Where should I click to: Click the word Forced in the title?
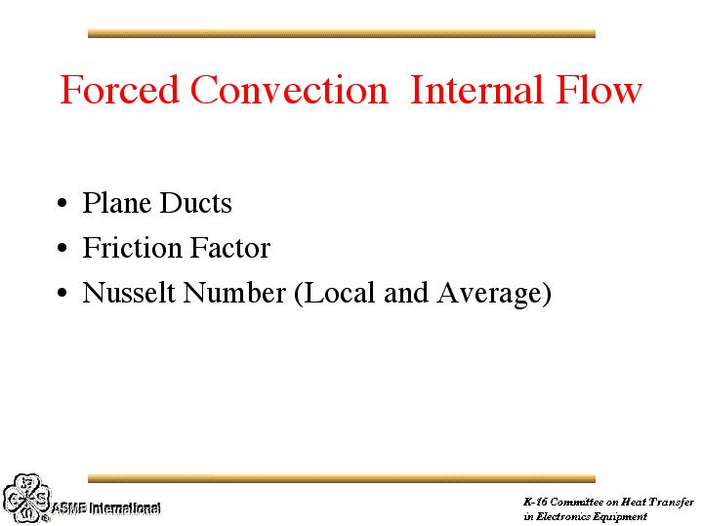tap(119, 90)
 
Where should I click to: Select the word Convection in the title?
tap(289, 90)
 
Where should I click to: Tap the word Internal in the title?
tap(476, 90)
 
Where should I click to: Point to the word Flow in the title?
tap(599, 90)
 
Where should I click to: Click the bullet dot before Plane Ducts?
tap(62, 204)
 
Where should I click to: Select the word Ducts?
tap(195, 203)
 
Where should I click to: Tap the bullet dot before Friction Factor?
tap(62, 248)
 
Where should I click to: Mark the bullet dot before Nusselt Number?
tap(62, 293)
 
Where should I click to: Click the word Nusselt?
tap(129, 293)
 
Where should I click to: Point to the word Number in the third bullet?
tap(234, 293)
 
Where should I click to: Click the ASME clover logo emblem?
tap(26, 499)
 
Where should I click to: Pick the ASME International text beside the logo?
tap(106, 508)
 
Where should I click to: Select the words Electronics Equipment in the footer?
tap(592, 516)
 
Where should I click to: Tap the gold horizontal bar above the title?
tap(341, 33)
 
